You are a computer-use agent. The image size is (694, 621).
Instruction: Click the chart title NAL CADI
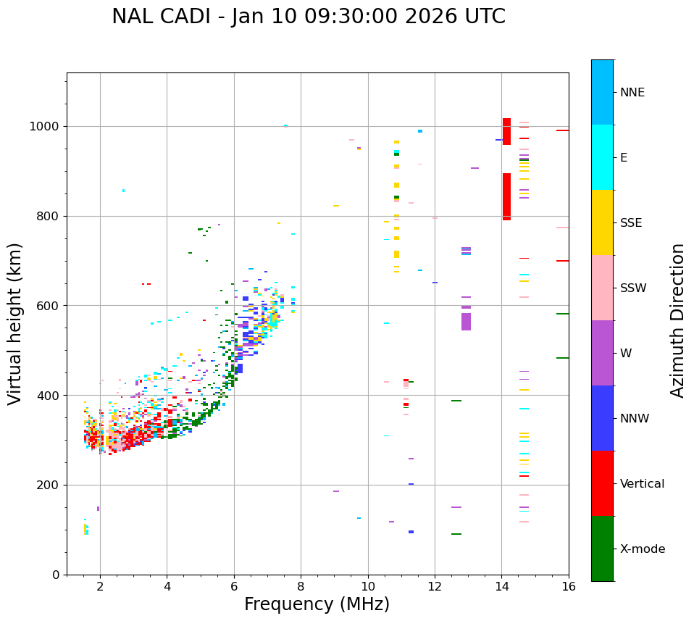[309, 17]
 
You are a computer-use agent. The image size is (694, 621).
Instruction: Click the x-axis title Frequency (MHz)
[317, 604]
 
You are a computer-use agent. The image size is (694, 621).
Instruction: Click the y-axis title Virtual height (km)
[15, 324]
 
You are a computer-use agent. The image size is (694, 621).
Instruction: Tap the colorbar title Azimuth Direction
[677, 320]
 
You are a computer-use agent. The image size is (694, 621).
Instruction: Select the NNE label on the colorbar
[632, 93]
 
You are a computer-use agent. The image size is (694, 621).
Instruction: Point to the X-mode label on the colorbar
[643, 549]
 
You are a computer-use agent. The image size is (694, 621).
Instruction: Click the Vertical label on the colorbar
[642, 484]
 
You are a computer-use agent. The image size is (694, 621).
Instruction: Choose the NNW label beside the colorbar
[635, 419]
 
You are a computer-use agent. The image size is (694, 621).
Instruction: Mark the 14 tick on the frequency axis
[501, 586]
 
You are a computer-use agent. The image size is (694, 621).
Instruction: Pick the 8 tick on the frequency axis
[301, 586]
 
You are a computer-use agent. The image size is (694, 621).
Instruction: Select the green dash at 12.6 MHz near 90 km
[456, 534]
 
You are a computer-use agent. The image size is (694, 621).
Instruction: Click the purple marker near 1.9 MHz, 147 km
[98, 509]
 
